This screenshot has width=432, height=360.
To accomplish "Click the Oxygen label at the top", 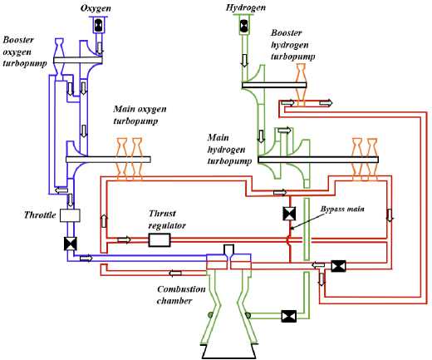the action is click(96, 8).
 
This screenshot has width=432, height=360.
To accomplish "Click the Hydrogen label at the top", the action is click(245, 7).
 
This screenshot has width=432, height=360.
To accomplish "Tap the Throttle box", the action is click(70, 215).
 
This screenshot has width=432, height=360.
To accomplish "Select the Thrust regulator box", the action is click(160, 239).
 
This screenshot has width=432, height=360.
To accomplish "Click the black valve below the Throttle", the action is click(71, 244).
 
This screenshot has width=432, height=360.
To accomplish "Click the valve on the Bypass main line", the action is click(289, 214).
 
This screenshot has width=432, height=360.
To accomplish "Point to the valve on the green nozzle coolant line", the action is click(289, 316).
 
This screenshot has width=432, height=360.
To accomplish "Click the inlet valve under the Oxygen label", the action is click(99, 26).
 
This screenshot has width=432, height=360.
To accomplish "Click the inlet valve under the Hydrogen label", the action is click(243, 25).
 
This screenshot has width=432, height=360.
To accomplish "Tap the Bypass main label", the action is click(342, 209).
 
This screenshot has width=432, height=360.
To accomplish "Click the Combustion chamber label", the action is click(181, 295).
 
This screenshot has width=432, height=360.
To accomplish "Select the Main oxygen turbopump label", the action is click(140, 115).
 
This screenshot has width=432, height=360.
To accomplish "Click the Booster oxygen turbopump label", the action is click(24, 52).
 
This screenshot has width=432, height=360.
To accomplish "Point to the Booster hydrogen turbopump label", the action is click(292, 45).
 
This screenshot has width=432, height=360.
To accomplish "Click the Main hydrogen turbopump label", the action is click(229, 149).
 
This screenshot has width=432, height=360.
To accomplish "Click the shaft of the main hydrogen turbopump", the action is click(318, 160).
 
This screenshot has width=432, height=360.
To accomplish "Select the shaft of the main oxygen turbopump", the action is click(108, 160).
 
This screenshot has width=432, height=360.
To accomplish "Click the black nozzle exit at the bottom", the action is click(229, 352).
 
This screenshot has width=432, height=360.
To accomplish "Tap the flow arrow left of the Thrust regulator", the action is click(125, 239).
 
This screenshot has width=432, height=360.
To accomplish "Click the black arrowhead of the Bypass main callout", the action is click(292, 228).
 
